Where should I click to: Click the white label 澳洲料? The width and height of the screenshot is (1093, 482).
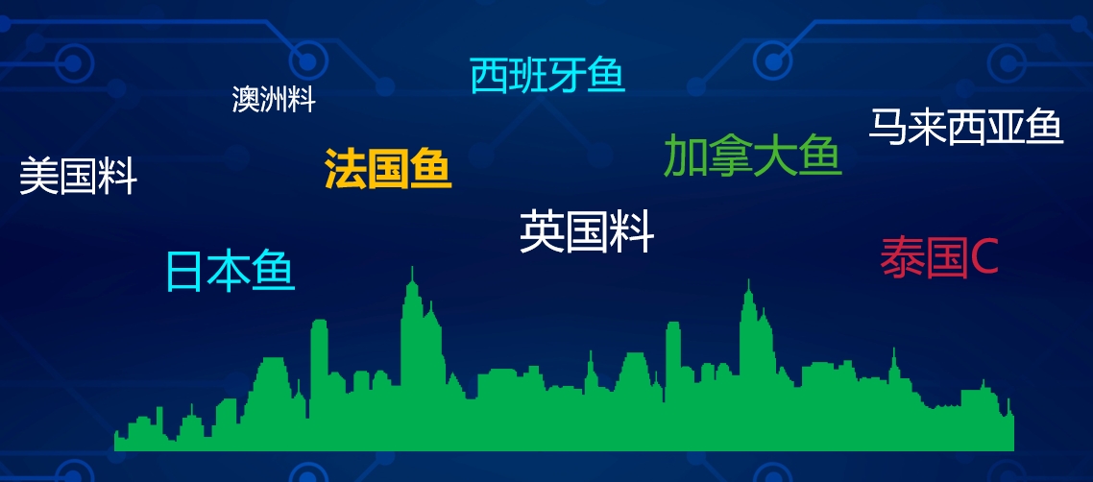[274, 100]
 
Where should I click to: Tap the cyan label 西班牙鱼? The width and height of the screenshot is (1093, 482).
[547, 76]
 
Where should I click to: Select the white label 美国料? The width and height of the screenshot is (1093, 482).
[78, 177]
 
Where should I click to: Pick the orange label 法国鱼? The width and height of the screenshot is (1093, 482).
[388, 169]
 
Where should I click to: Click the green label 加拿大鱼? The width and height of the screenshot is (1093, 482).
[753, 156]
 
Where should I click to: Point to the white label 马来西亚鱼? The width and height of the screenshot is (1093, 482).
[966, 127]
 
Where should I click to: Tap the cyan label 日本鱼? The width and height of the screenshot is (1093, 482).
[231, 271]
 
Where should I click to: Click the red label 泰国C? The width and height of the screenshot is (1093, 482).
[939, 257]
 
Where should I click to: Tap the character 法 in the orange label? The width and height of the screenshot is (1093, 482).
[345, 169]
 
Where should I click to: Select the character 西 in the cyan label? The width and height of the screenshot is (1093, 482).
[489, 76]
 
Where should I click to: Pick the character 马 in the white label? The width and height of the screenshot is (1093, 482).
[888, 127]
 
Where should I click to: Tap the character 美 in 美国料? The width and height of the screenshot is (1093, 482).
[38, 177]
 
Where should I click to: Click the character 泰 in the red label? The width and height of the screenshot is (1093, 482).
[902, 257]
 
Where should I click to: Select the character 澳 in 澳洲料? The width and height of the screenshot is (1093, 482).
[246, 100]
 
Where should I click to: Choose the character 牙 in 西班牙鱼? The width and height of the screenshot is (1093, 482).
[568, 76]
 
